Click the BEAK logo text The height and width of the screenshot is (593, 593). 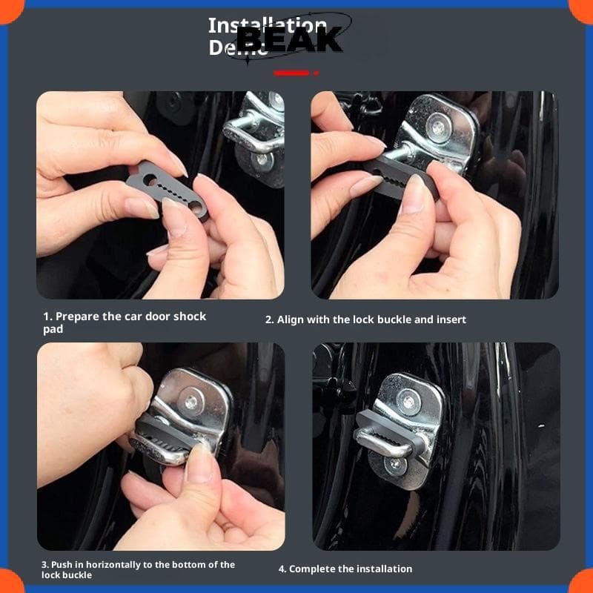point(290,39)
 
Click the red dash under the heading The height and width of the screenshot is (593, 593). point(291,73)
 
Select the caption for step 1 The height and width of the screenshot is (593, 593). point(124,322)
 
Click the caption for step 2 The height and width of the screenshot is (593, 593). point(365,319)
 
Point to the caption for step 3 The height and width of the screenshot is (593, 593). point(138,569)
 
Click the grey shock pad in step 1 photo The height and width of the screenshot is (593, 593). point(168,190)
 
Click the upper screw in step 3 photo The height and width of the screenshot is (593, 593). point(191,402)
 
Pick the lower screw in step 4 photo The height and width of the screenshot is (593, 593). point(395,465)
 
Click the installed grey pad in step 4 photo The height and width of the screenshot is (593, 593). point(390,435)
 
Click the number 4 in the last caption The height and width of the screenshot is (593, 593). point(282,569)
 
